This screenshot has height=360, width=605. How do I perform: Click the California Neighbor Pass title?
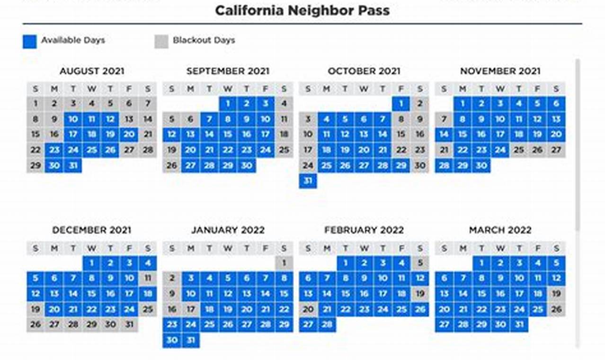click(x=302, y=10)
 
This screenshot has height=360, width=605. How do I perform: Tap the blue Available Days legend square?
click(x=29, y=41)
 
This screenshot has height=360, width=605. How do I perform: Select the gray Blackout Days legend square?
click(x=161, y=41)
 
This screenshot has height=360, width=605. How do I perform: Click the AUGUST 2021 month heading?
click(x=92, y=72)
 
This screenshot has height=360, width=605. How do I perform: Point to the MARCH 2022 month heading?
click(x=500, y=230)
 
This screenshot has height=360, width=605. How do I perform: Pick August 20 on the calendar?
click(x=129, y=135)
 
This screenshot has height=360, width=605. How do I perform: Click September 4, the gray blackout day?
click(x=284, y=104)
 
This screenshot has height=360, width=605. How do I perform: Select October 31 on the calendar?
click(x=308, y=181)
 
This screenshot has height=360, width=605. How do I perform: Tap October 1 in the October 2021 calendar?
click(x=401, y=104)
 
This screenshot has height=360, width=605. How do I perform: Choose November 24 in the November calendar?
click(x=500, y=150)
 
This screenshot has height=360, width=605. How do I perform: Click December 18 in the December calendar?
click(x=148, y=294)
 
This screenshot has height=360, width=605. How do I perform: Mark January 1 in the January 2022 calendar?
click(x=284, y=263)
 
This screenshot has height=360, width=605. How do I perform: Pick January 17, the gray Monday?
click(x=190, y=309)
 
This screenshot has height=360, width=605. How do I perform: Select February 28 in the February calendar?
click(x=327, y=324)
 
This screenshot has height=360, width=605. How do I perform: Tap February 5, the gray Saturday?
click(x=420, y=263)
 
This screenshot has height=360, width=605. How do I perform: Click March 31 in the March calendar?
click(x=519, y=324)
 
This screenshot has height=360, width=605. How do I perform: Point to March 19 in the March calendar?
click(x=556, y=294)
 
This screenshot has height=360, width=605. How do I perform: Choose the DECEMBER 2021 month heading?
click(x=92, y=230)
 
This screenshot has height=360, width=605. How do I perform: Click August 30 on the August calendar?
click(x=54, y=165)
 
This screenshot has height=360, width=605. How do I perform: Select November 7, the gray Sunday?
click(x=444, y=119)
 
